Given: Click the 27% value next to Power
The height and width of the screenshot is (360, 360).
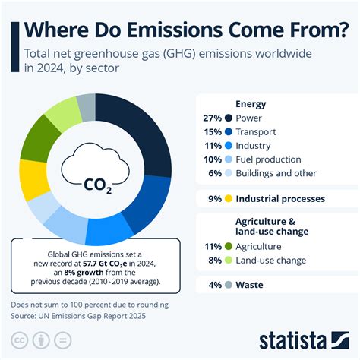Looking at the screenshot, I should point(213,118).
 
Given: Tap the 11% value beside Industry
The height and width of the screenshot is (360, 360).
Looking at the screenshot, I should point(213,145).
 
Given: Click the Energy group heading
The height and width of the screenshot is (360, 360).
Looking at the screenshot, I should point(251,104).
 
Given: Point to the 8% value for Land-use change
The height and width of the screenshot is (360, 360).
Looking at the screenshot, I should point(215,260).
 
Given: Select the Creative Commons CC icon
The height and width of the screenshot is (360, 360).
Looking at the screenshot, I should point(19,338).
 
